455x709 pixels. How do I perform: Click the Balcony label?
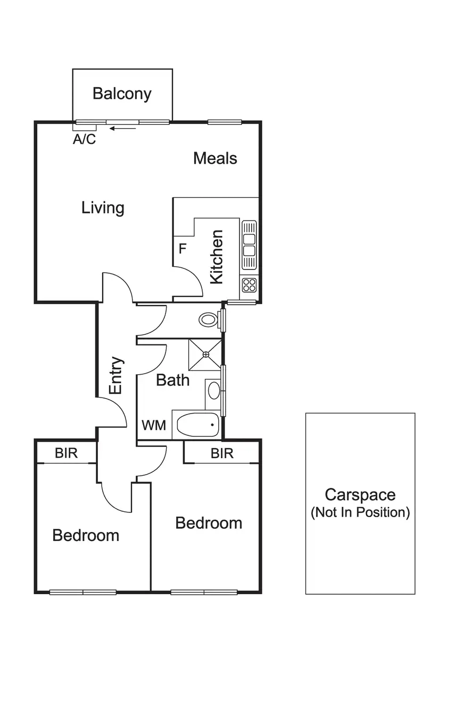[x=122, y=94]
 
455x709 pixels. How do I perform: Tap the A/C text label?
[x=84, y=140]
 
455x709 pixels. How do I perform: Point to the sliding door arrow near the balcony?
[x=123, y=128]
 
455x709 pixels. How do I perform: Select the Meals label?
[x=215, y=158]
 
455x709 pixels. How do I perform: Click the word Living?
[x=103, y=207]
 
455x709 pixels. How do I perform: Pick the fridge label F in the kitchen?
[x=182, y=248]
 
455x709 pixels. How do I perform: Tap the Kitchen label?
[x=217, y=257]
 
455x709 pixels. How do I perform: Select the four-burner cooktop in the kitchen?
[x=249, y=285]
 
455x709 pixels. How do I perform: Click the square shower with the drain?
[x=205, y=354]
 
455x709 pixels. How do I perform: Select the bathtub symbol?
[x=197, y=425]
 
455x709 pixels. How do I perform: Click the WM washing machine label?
[x=154, y=425]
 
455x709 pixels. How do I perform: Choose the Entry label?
[x=116, y=375]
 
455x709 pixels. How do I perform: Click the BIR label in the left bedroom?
[x=67, y=453]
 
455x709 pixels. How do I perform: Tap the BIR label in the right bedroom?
[x=222, y=453]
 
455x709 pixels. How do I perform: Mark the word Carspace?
[x=360, y=495]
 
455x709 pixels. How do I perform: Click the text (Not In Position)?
[x=360, y=512]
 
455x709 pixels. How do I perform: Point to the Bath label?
[x=172, y=380]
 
